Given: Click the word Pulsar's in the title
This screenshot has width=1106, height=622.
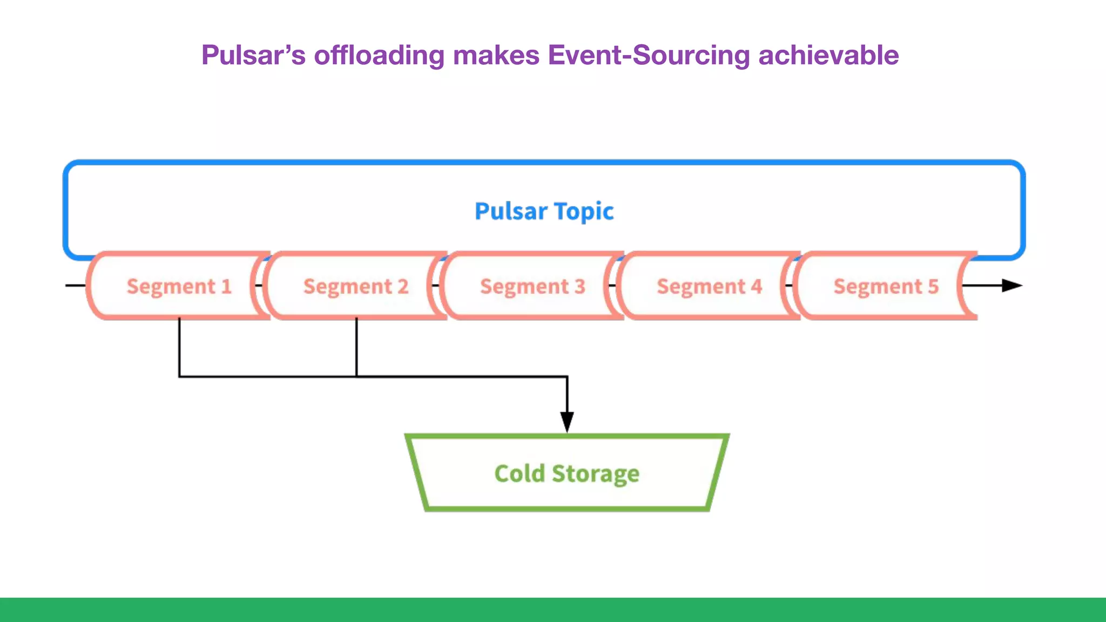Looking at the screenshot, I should coord(253,55).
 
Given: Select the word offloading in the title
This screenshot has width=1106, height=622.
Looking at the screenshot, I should coord(379,55).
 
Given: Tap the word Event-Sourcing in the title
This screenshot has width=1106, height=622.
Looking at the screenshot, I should coord(649,55).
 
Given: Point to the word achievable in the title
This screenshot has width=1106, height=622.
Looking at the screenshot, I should coord(828,55).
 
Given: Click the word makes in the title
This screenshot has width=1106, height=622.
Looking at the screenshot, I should coord(496,55).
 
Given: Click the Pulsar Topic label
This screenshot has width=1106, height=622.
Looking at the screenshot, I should coord(544,211).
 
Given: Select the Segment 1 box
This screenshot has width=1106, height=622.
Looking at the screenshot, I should coord(178,286).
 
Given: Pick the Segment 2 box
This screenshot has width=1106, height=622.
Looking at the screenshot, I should coord(355,286).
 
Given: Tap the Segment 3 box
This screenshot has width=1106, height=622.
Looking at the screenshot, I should coord(532,286).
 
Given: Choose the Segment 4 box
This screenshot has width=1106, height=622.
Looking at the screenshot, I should coord(709,286).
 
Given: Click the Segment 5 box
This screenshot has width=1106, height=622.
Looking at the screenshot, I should coord(886,286).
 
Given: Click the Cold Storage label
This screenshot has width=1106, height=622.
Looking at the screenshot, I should coord(567,474).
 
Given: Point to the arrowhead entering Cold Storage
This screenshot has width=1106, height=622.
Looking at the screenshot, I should coord(567,421).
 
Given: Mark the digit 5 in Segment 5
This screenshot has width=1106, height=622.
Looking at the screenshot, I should coord(933,286).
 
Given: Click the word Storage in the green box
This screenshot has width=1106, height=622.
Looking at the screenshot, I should coord(595,474).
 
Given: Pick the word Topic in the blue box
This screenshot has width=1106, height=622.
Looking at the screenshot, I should coord(584,211).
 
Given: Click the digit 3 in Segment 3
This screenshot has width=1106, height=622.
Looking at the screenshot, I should coord(579,286).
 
